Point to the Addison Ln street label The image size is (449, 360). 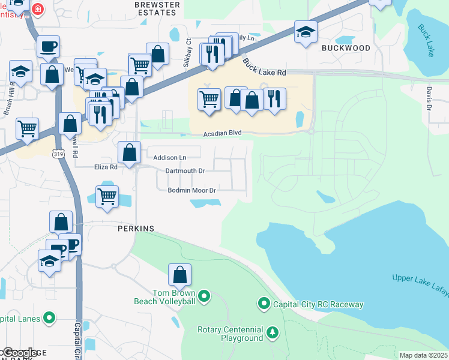[170, 158]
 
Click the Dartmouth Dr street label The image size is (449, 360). [185, 171]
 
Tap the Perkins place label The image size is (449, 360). [136, 229]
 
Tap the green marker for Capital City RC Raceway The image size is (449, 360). [264, 304]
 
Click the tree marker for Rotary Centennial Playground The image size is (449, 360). [273, 332]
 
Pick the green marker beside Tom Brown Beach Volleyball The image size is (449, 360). [204, 295]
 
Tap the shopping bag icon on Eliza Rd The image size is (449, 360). [129, 153]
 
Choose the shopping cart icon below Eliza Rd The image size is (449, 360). [107, 197]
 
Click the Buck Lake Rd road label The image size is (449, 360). [265, 67]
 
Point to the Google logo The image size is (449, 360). [19, 353]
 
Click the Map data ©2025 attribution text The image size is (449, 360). [423, 355]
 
